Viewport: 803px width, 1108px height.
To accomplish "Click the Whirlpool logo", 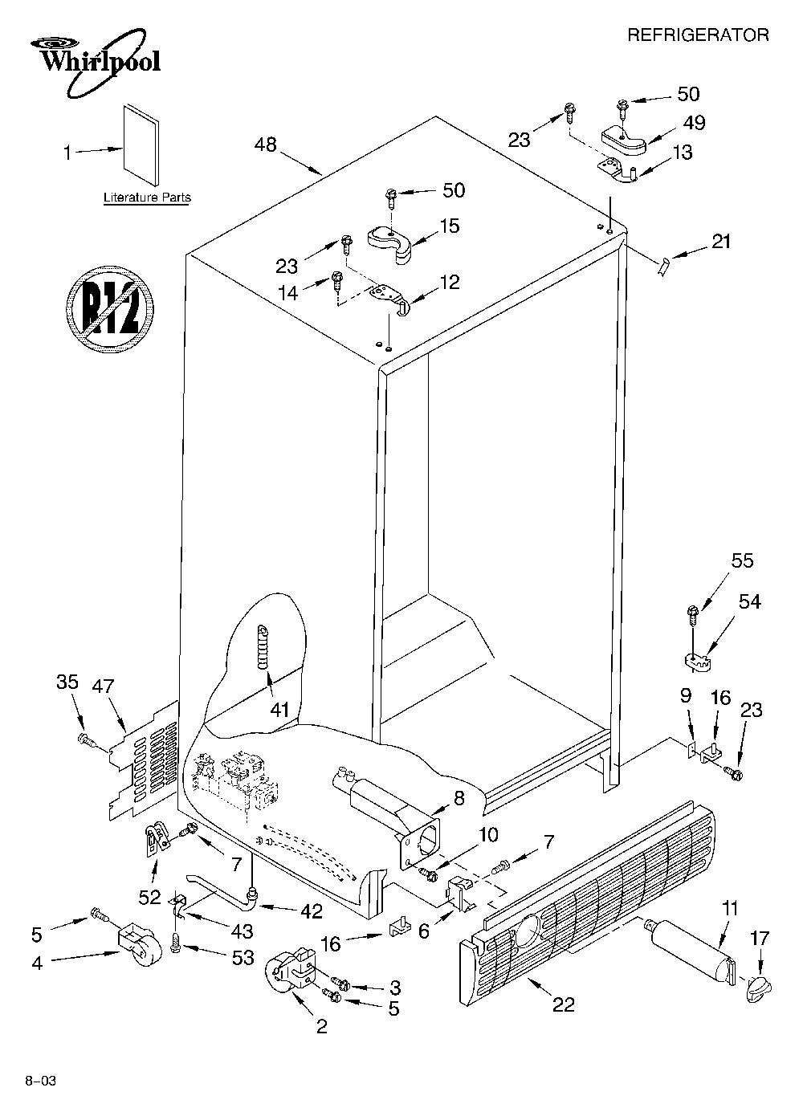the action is click(95, 62).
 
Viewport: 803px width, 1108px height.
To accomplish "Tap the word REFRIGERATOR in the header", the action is click(698, 35).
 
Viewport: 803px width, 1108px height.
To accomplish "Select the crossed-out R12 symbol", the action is click(109, 309).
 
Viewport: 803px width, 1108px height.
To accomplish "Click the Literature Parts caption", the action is click(147, 198).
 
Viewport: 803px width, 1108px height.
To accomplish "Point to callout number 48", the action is click(266, 145).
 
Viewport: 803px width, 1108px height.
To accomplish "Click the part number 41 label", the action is click(279, 711).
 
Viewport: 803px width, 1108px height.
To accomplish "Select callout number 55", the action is click(742, 560).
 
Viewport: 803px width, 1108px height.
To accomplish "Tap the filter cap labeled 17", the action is click(756, 988).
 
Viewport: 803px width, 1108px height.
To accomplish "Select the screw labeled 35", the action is click(88, 740).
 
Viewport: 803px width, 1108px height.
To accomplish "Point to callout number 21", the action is click(721, 242).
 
